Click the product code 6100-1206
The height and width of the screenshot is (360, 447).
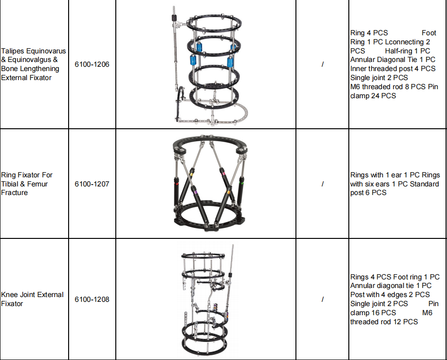pyautogui.click(x=91, y=64)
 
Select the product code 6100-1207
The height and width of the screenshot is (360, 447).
pyautogui.click(x=91, y=184)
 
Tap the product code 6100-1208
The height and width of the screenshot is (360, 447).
pyautogui.click(x=91, y=299)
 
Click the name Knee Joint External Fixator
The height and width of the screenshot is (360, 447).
pyautogui.click(x=32, y=299)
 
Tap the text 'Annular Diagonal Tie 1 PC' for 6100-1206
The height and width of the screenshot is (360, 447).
pyautogui.click(x=393, y=60)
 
